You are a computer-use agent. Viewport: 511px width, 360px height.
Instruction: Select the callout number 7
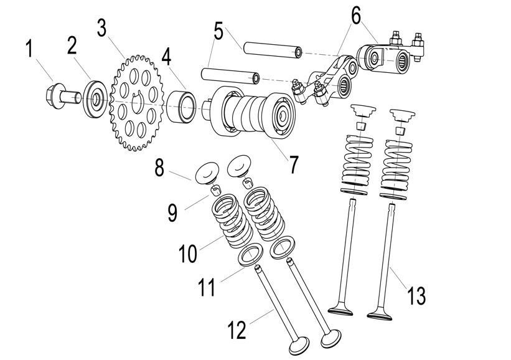(293, 163)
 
